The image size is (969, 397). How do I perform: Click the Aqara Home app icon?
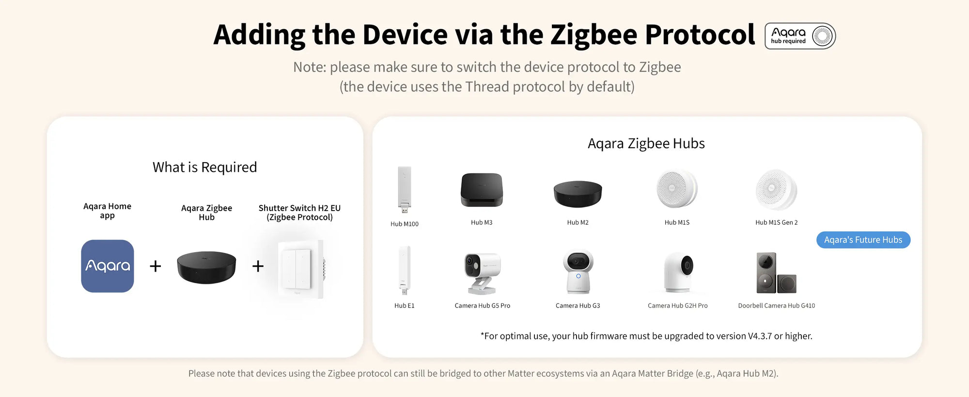tap(108, 266)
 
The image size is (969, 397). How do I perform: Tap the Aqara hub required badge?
tap(800, 36)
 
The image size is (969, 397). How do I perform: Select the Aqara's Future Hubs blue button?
tap(863, 240)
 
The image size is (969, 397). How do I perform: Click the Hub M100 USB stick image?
tap(405, 189)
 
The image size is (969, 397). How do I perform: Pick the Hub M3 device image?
tap(482, 190)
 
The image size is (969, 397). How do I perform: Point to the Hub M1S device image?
tap(677, 189)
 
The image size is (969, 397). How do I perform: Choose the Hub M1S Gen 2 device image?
tap(776, 189)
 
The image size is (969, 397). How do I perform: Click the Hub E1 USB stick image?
tap(405, 270)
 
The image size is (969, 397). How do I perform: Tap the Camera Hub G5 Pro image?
tap(482, 273)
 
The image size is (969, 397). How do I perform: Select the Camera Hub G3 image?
tap(578, 272)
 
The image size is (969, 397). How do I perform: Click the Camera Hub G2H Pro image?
tap(678, 272)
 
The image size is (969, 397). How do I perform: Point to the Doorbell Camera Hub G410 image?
tap(776, 273)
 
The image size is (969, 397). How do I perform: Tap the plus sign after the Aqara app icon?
tap(155, 266)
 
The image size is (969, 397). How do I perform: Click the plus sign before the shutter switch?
tap(258, 266)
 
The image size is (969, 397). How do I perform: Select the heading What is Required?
tap(204, 167)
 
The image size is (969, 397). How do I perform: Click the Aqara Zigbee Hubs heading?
tap(646, 143)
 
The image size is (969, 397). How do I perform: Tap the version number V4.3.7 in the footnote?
tap(760, 336)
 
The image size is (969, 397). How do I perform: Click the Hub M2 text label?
tap(578, 222)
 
